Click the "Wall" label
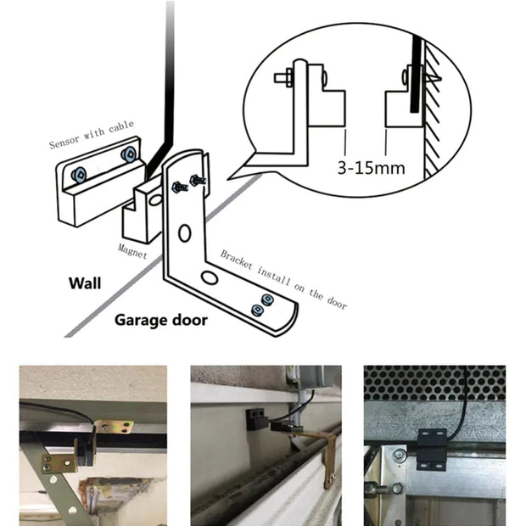pos(85,283)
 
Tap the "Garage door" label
pos(161,320)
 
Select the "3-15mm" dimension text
pos(371,168)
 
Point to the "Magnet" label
pos(132,252)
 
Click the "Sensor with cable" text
pos(92,135)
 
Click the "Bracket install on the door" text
pos(283,279)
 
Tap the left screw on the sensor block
pos(79,175)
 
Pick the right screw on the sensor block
pos(129,154)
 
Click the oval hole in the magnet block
pos(155,200)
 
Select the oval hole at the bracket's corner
pos(210,277)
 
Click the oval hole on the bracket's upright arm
pos(184,232)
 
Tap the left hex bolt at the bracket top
pos(178,187)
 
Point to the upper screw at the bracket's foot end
pos(267,299)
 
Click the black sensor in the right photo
pos(432,450)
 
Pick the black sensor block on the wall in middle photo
pos(256,419)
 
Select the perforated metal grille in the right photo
pos(434,383)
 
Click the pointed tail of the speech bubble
pos(228,179)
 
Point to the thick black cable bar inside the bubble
pos(416,73)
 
